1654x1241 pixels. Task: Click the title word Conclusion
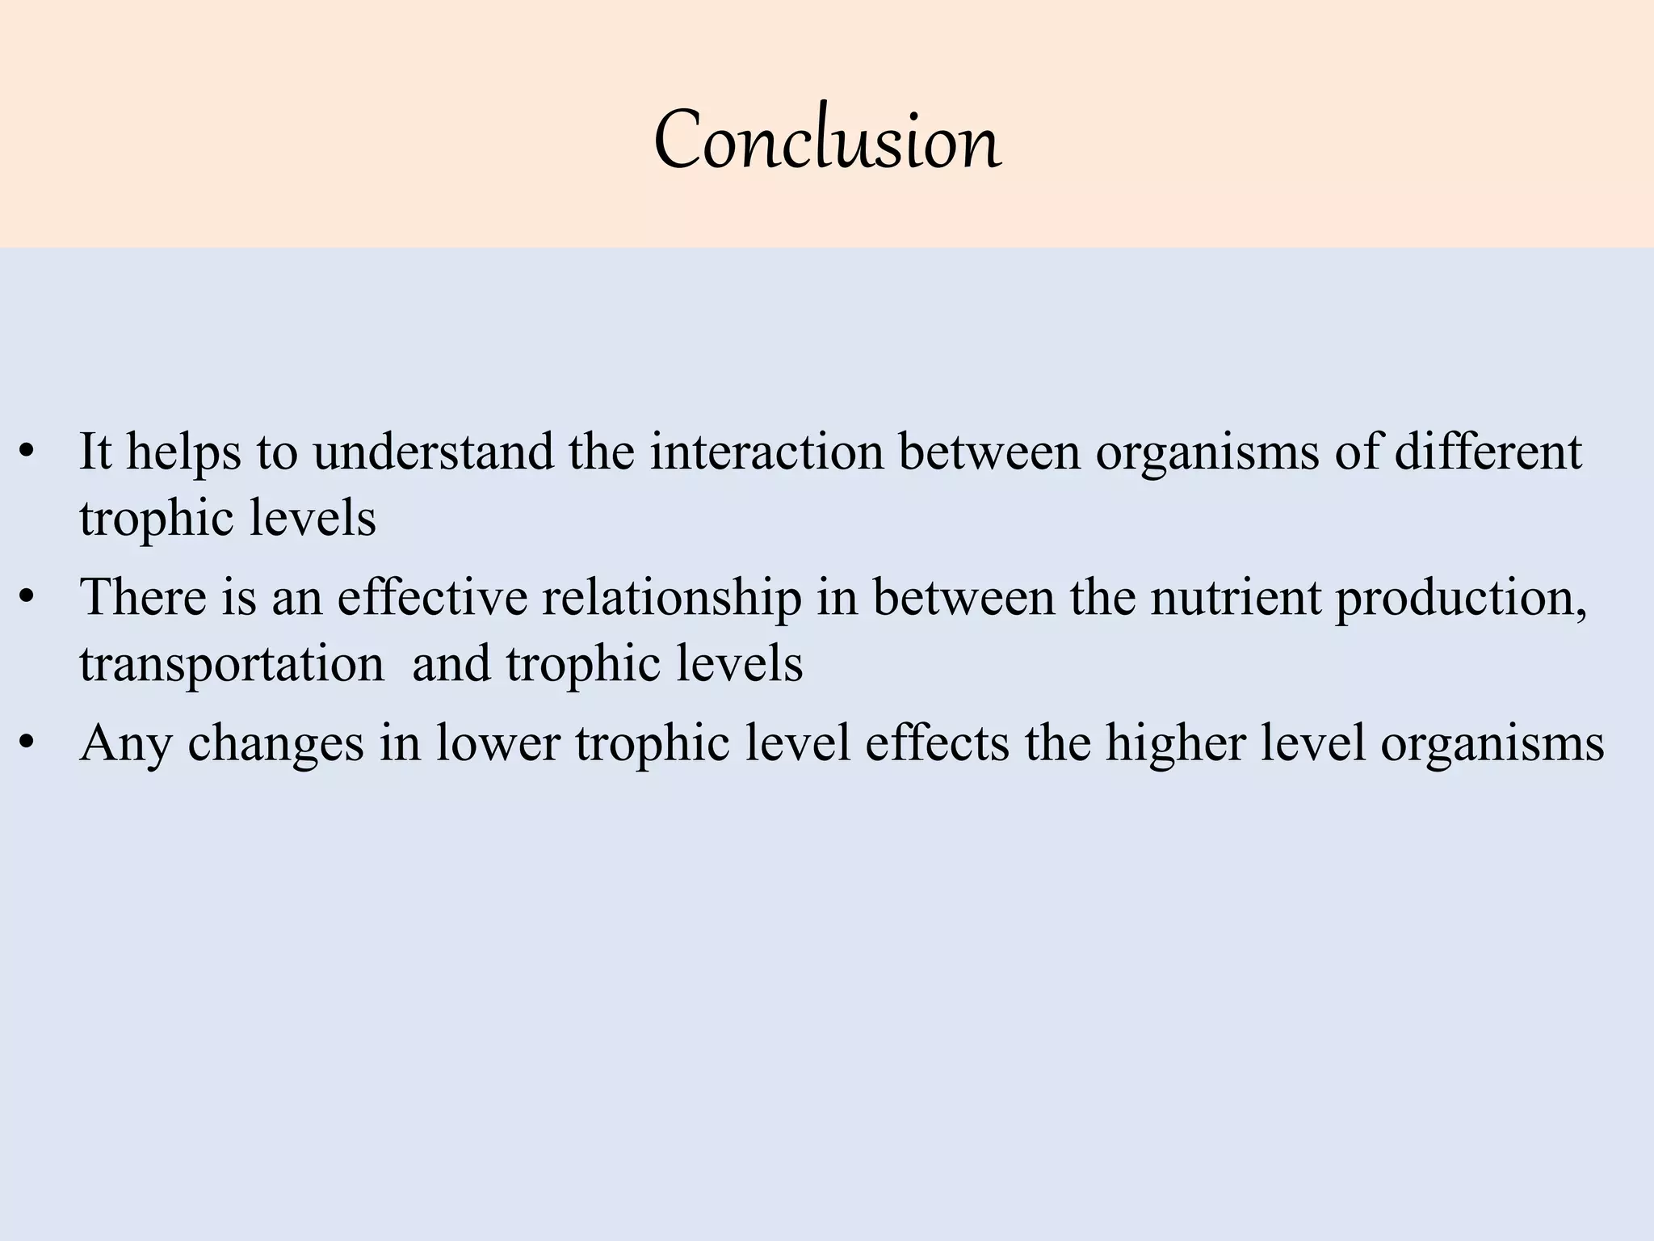coord(827,142)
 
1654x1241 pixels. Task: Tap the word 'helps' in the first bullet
coord(183,452)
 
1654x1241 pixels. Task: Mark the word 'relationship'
coord(672,599)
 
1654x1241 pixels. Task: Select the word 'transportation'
coord(232,664)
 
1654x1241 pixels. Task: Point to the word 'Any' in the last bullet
coord(125,744)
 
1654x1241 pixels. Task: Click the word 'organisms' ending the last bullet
coord(1492,744)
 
